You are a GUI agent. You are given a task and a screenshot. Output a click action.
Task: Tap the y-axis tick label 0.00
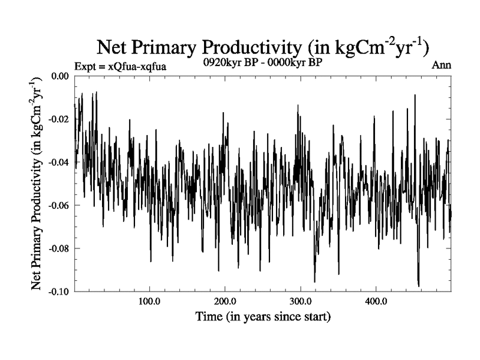60,76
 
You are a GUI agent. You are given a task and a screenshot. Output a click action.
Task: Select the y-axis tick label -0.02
59,119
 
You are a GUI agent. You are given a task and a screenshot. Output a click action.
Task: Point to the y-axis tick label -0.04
59,163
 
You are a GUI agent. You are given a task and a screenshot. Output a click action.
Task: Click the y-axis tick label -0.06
59,205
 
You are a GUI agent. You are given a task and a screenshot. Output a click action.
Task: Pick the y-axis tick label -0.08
59,248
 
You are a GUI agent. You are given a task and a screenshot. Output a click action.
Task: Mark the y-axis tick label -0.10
59,291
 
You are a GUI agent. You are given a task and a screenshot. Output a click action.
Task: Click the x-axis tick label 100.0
149,301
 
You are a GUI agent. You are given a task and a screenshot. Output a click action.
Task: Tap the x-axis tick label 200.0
224,301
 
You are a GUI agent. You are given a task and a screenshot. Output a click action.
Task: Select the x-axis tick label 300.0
300,301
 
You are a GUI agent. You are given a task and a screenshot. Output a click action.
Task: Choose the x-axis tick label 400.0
376,301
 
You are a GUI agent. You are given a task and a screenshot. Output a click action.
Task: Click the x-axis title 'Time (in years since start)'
263,316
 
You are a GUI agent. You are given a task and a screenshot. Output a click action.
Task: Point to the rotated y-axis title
37,184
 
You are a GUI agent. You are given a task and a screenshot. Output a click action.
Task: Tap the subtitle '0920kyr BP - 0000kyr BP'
263,63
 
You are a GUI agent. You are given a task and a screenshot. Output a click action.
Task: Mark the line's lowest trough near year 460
418,286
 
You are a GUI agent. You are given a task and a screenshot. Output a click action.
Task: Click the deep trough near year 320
314,281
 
